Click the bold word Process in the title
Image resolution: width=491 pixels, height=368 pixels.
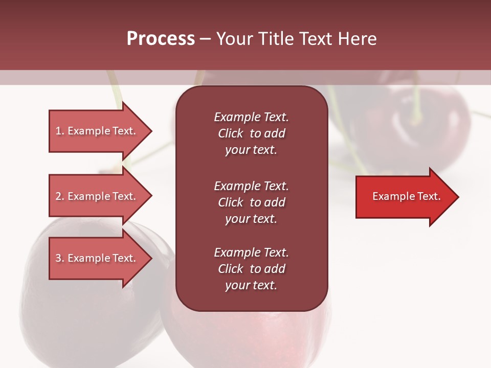[x=161, y=39]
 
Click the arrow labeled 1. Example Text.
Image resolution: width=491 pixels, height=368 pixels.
[x=97, y=131]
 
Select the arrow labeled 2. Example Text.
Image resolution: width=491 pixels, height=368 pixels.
[x=97, y=196]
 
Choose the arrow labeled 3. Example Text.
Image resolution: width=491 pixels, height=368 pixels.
[x=97, y=258]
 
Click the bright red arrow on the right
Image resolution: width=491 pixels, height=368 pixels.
[x=404, y=197]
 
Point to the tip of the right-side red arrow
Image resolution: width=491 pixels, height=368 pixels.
[x=458, y=197]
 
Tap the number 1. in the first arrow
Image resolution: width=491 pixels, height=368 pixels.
[x=60, y=131]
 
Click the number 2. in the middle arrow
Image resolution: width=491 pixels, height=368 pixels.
[x=60, y=196]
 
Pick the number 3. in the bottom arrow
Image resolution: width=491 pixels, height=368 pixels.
[x=60, y=258]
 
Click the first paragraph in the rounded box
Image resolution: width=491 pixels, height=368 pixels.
[x=251, y=133]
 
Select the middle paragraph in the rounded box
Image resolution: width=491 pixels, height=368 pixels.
[x=251, y=202]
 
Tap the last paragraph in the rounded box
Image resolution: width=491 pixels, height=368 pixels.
[x=251, y=269]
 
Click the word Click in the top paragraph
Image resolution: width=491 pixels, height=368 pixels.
[x=230, y=133]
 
